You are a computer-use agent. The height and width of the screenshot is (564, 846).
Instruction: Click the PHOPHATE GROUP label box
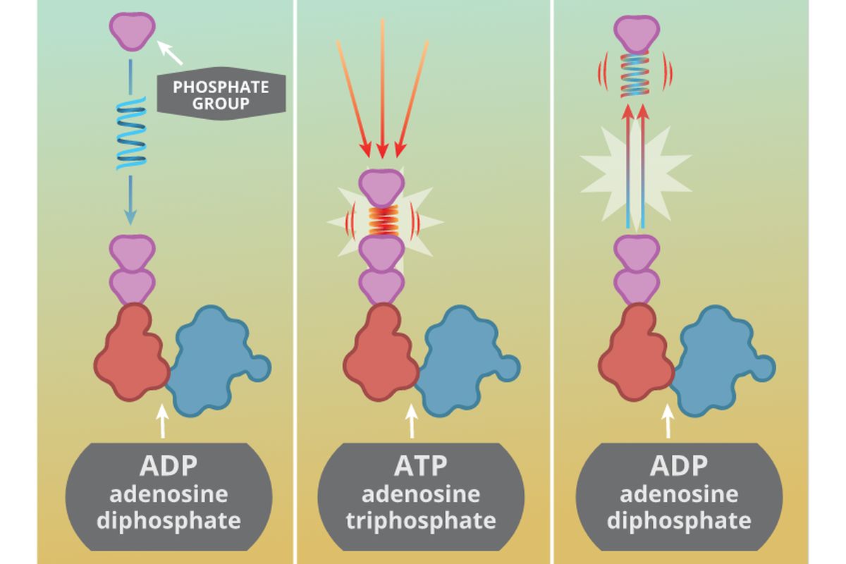221,95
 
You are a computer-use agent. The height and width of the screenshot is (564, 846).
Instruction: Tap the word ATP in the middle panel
421,466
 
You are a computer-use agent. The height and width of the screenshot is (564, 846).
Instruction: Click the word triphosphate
421,521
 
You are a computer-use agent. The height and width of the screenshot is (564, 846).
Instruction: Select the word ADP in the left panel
168,466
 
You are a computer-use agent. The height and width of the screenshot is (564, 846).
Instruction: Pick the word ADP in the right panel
679,466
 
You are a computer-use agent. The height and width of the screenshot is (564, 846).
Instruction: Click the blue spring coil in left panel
132,134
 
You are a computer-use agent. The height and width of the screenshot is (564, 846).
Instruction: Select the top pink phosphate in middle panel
381,185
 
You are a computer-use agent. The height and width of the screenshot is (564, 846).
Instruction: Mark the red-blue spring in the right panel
637,74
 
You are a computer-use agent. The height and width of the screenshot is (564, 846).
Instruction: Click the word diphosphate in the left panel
168,521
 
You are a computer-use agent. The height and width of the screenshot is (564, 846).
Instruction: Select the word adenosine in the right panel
679,493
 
